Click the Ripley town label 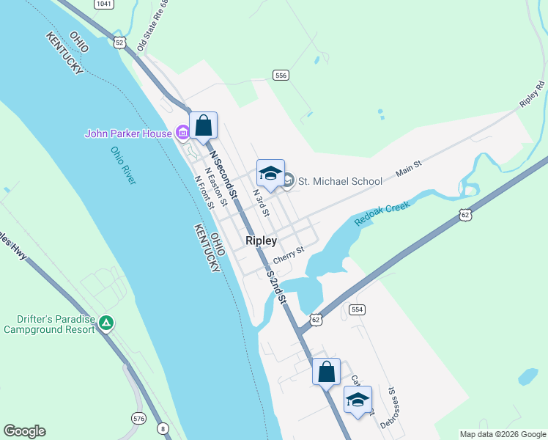(x=261, y=241)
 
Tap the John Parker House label (x=127, y=133)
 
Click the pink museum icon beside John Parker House (x=182, y=133)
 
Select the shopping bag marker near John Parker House (x=204, y=125)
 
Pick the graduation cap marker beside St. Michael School (x=270, y=174)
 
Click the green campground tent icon (x=107, y=323)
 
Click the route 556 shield (x=280, y=75)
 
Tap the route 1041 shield (x=104, y=4)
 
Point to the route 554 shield (x=357, y=309)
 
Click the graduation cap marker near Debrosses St (x=358, y=400)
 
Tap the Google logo (x=24, y=431)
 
